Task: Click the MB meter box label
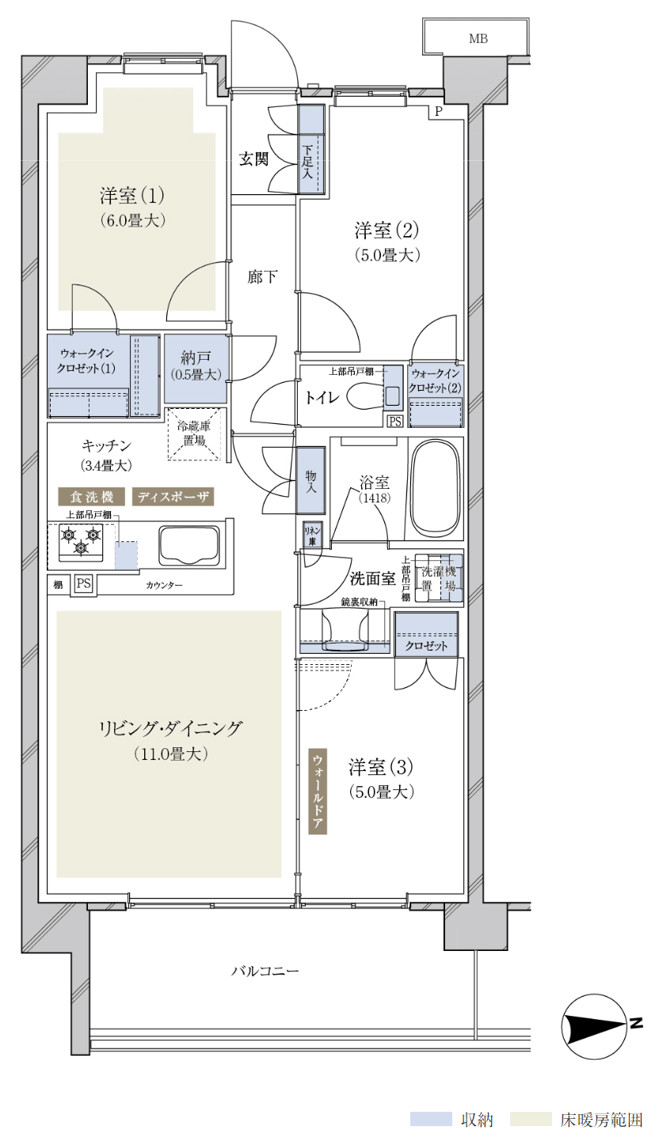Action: (478, 39)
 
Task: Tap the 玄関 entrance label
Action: (253, 159)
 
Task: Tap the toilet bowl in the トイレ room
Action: (366, 396)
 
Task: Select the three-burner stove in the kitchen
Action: (81, 541)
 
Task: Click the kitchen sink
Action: (189, 546)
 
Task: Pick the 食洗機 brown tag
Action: (92, 497)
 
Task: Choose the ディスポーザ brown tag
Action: (173, 497)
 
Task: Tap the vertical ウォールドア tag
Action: (318, 791)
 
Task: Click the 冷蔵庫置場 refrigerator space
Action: (194, 433)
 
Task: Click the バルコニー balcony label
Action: (265, 971)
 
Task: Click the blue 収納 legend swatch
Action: (431, 1119)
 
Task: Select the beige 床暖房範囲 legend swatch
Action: (531, 1119)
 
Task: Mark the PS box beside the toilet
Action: (395, 421)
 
